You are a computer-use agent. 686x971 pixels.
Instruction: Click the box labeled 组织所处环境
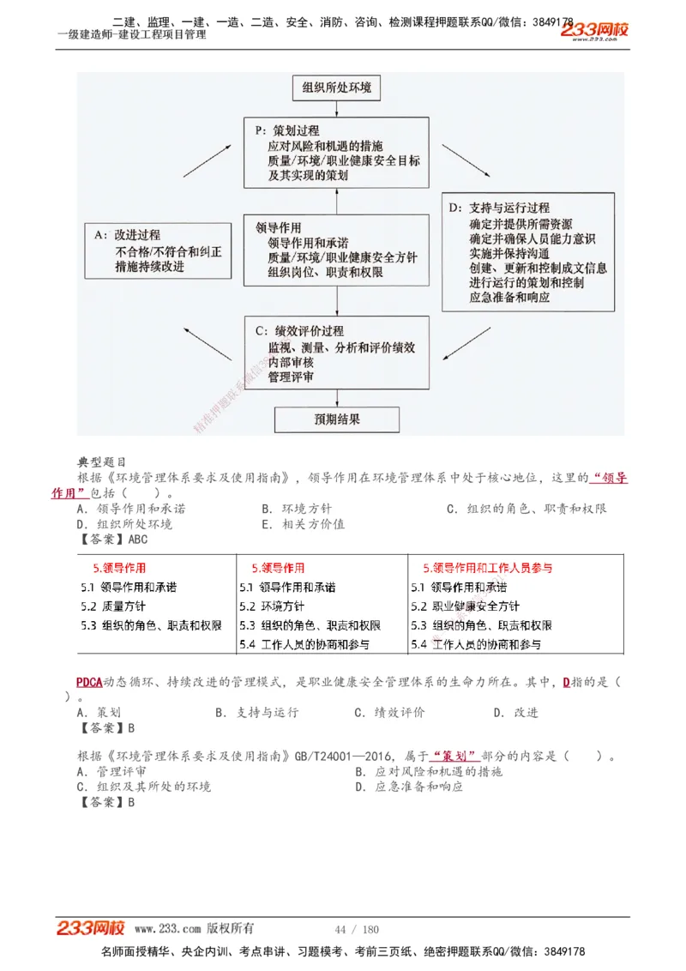(336, 87)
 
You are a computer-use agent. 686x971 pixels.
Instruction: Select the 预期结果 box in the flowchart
(336, 419)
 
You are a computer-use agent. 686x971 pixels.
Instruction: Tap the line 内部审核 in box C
(291, 362)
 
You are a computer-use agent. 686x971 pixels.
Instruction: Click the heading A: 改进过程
(127, 235)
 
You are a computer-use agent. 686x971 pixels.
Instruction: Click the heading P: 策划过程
(287, 130)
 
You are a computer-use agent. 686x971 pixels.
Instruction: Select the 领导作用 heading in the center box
(279, 228)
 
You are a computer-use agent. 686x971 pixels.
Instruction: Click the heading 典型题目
(102, 463)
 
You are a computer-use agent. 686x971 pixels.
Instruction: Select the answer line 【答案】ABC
(112, 540)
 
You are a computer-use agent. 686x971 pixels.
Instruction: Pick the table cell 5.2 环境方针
(271, 606)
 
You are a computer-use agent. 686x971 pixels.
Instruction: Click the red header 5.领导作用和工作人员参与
(487, 568)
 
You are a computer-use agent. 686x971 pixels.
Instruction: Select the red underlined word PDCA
(89, 683)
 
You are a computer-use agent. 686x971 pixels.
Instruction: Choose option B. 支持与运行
(257, 712)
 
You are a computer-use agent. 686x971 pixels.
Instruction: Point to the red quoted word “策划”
(456, 756)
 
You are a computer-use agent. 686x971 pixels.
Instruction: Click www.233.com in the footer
(167, 929)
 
